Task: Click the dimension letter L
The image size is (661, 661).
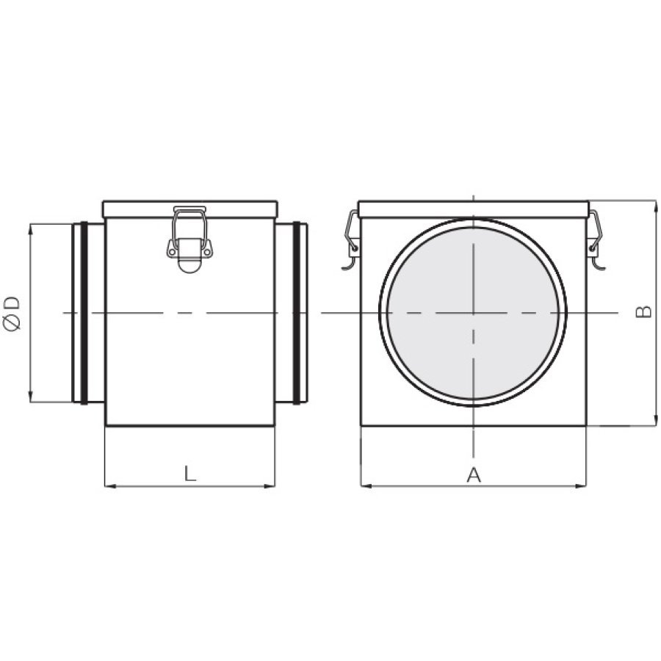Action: coord(190,473)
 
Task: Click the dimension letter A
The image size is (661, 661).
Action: coord(474,474)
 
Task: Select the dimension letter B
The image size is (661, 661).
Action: coord(643,312)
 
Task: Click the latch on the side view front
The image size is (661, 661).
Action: coord(189,239)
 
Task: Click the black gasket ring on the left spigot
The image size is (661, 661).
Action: coord(84,313)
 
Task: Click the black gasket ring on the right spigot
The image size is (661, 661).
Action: coord(297,313)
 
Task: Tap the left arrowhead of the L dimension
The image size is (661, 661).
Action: coord(109,486)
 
